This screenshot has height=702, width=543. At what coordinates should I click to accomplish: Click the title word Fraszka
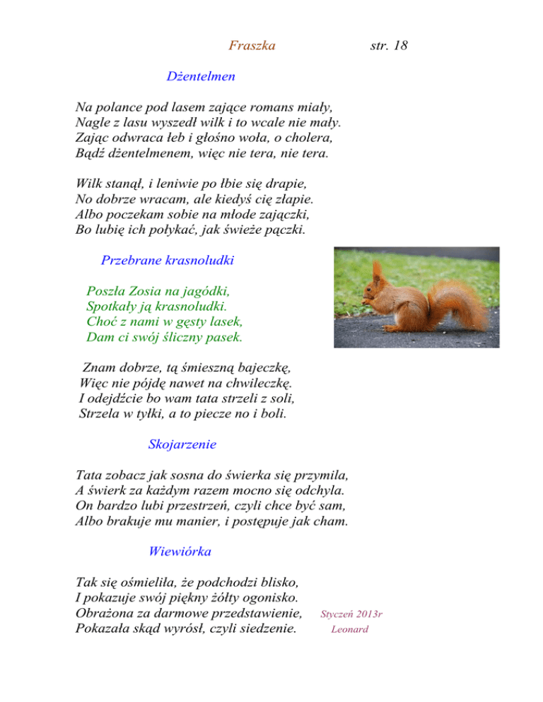(252, 47)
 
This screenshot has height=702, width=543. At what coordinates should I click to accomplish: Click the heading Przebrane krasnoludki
(168, 260)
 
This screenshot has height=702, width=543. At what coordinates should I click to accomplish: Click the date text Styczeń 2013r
(351, 614)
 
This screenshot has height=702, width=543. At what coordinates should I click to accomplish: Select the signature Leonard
(350, 629)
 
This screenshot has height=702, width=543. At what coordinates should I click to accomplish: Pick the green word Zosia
(146, 290)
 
